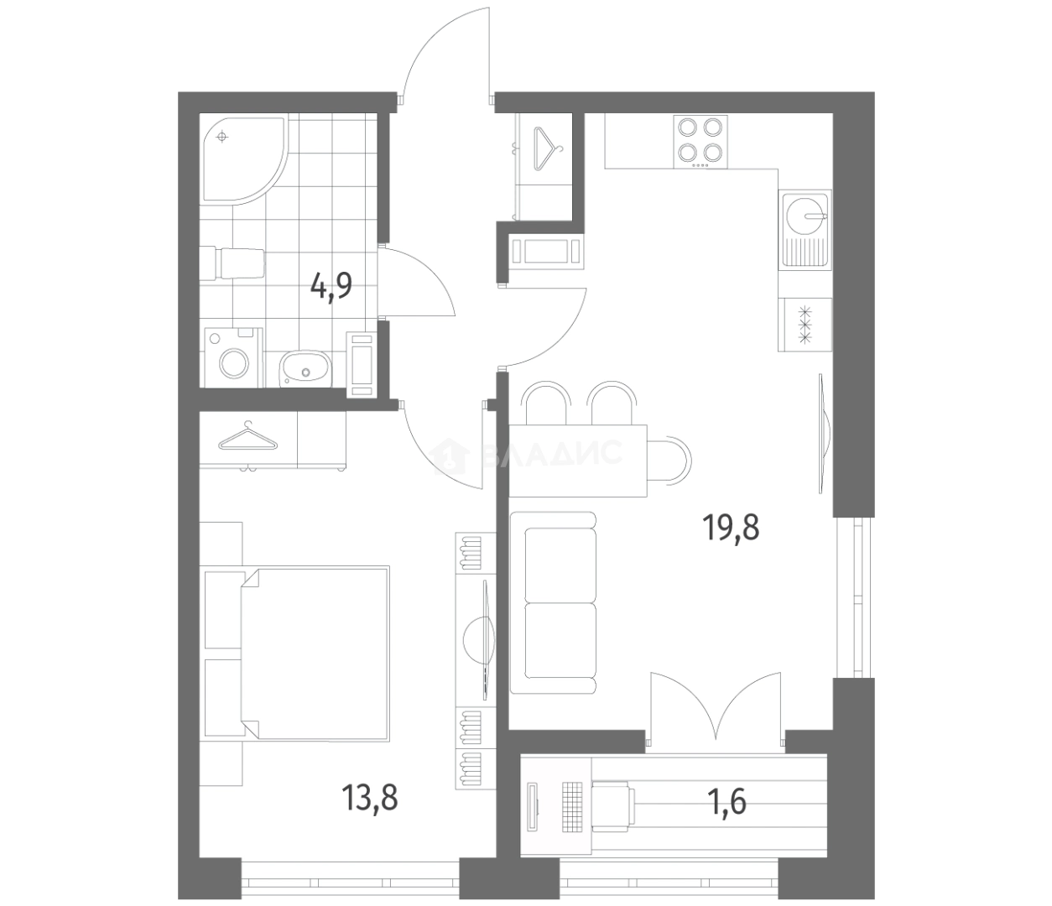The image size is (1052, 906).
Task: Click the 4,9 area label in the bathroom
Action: (x=331, y=287)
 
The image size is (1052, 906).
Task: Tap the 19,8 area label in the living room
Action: (x=731, y=528)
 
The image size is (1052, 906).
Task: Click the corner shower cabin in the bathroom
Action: (x=239, y=158)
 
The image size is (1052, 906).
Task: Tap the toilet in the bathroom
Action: (x=232, y=263)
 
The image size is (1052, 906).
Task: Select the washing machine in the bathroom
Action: (x=233, y=358)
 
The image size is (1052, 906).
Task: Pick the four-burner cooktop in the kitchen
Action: (x=700, y=142)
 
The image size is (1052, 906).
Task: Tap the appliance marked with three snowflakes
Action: (x=805, y=324)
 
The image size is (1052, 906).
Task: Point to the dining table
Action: (x=578, y=461)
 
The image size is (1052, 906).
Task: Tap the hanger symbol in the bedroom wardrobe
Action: (x=248, y=438)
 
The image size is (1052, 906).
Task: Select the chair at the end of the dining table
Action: (x=669, y=460)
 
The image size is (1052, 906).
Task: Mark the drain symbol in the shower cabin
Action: (x=221, y=137)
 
